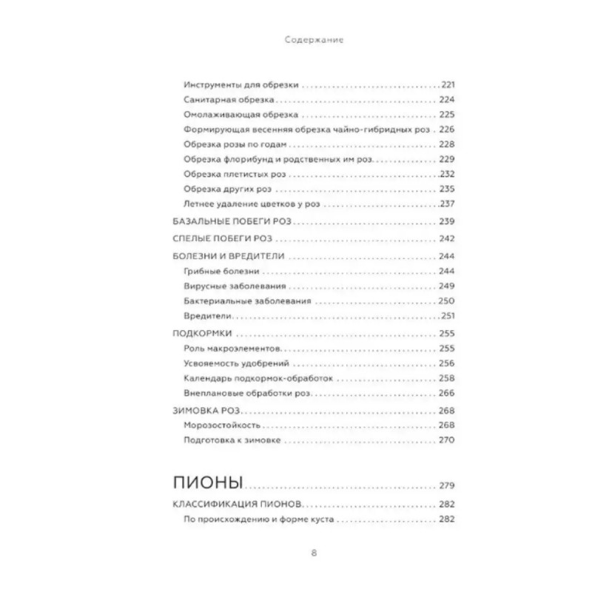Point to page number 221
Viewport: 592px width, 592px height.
coord(449,85)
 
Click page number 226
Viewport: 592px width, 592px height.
coord(448,129)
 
